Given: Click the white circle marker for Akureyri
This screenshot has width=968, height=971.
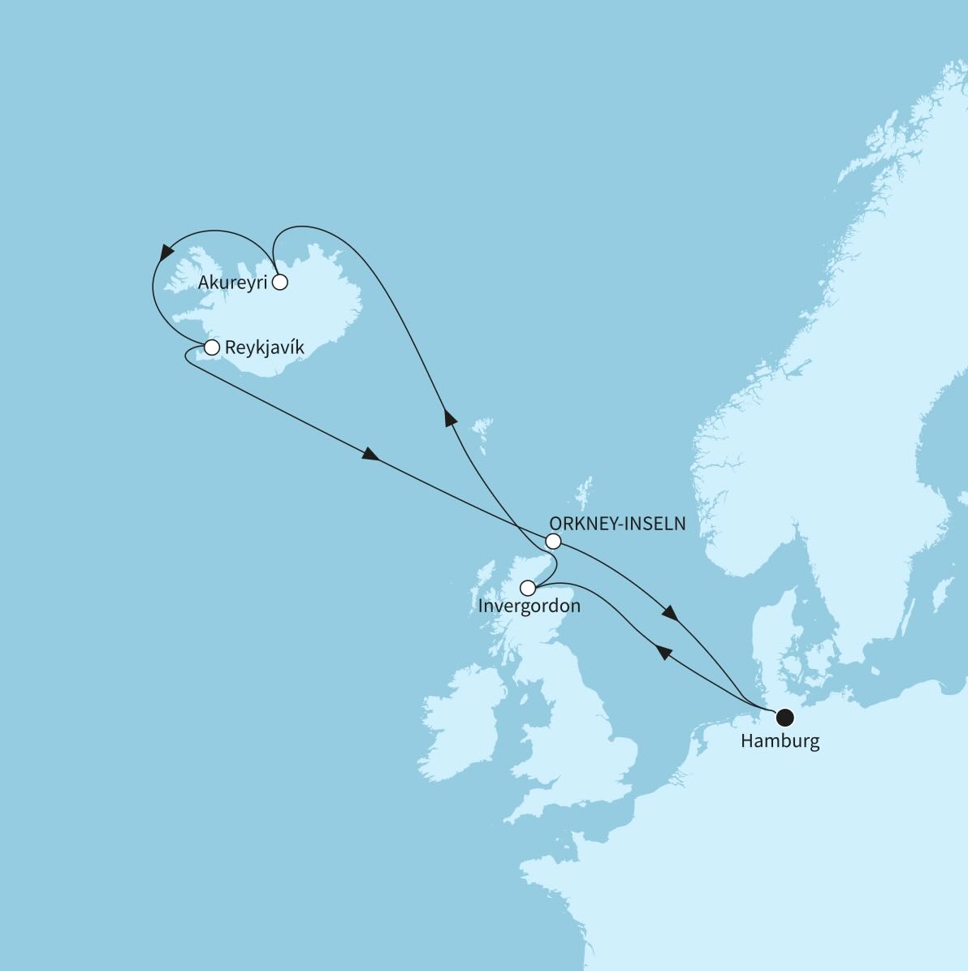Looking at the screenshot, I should click(280, 283).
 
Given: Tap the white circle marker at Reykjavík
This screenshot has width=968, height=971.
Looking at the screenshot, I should click(212, 348).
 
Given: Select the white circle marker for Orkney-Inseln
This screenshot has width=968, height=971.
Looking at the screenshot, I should click(553, 542).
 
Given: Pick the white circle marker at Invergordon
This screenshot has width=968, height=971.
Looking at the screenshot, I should click(528, 588).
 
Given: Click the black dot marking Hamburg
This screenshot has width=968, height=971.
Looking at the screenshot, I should click(784, 717).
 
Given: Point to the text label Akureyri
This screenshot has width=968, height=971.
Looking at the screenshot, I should click(232, 283).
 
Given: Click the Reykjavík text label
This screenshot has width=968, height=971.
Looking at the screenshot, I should click(265, 348).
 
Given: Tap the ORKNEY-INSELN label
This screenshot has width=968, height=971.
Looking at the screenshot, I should click(618, 524).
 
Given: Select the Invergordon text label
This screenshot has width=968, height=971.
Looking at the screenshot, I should click(529, 606).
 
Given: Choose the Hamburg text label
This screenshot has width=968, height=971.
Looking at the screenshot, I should click(780, 740).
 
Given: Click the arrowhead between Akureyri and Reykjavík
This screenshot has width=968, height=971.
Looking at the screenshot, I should click(167, 251).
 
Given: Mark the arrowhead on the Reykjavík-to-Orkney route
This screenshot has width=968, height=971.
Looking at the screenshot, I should click(370, 455).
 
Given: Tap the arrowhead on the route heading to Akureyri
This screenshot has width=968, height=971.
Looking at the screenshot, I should click(449, 417).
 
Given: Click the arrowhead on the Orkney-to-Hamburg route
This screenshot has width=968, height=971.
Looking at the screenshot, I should click(670, 613).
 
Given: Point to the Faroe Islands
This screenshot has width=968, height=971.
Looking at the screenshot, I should click(485, 430).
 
